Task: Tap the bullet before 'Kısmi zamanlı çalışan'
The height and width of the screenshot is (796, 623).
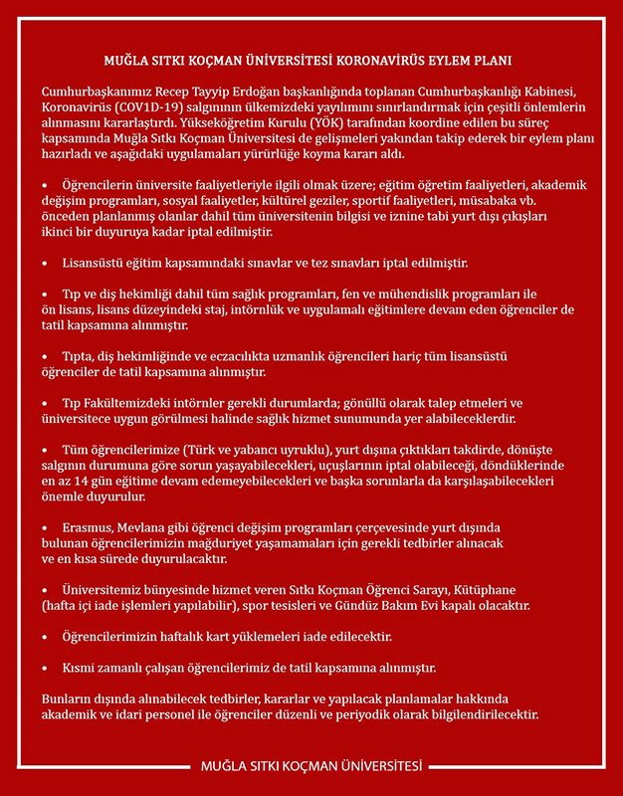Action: tap(45, 667)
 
